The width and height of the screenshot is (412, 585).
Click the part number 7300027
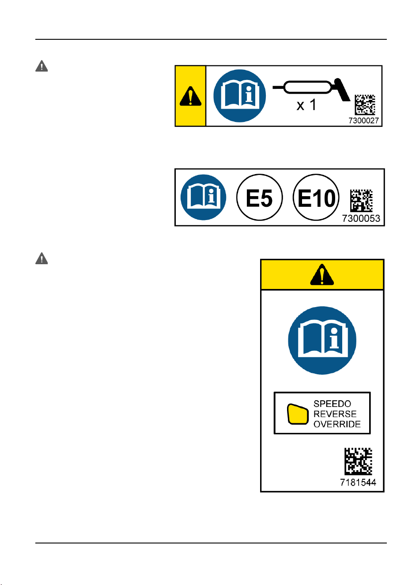(x=363, y=121)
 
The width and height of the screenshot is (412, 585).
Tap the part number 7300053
(x=361, y=218)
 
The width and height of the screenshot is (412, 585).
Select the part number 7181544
(x=358, y=482)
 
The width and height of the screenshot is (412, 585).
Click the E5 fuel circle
(x=259, y=198)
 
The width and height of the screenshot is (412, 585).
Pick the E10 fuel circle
(x=316, y=198)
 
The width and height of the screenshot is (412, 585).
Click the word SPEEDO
(x=332, y=404)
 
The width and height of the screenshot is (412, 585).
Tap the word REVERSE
(x=335, y=414)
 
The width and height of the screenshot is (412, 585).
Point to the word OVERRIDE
(x=337, y=424)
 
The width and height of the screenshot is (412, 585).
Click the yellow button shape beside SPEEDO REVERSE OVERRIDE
(x=298, y=414)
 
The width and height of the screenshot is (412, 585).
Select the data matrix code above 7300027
(x=365, y=105)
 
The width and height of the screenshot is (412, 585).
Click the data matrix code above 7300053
(x=361, y=201)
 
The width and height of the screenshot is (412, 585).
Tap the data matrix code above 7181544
(x=358, y=461)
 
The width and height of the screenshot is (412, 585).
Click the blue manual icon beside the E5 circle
(x=204, y=198)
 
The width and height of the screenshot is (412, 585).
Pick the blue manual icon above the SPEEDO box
(x=322, y=340)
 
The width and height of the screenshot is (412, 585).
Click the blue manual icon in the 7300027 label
(x=240, y=96)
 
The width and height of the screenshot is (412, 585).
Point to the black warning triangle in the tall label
(x=322, y=274)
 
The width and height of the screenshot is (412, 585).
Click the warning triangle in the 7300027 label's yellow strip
(x=191, y=96)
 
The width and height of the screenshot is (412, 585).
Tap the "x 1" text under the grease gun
(x=306, y=105)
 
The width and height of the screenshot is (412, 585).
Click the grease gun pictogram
(x=311, y=89)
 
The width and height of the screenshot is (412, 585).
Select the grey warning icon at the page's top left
(x=42, y=66)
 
